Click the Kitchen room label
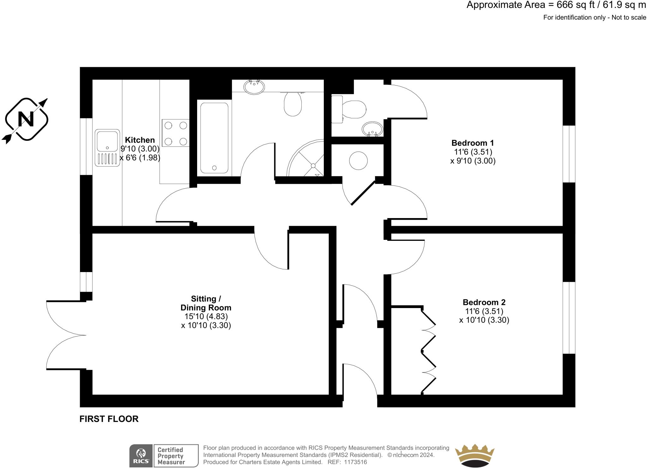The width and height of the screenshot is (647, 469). (140, 140)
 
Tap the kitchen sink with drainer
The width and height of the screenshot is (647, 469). (107, 148)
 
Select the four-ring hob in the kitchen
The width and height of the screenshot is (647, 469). (176, 133)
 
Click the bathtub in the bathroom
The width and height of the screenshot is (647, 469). (214, 138)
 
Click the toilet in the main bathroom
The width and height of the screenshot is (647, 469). (293, 104)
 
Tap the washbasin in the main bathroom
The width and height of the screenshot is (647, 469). (254, 87)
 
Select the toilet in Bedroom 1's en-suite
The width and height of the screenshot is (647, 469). (352, 109)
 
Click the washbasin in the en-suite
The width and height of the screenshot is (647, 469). (372, 129)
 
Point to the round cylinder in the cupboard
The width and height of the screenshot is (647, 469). (358, 160)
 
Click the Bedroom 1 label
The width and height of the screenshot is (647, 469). (472, 143)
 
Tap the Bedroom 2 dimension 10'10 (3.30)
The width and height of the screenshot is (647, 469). (484, 320)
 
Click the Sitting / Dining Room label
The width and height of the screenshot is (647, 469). (206, 303)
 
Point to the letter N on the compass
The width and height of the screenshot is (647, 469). (26, 119)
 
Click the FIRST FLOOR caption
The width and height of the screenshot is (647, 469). (109, 419)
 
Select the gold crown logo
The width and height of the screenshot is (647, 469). (474, 456)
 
